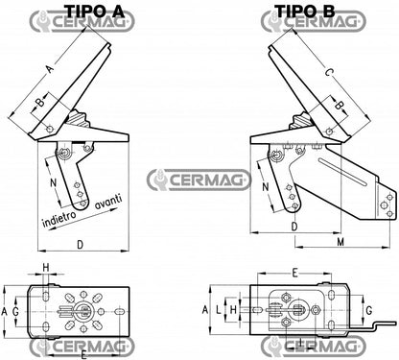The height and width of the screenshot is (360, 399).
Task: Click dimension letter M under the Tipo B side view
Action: coord(341,244)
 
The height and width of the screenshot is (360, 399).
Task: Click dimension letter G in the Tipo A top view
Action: coord(14,312)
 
